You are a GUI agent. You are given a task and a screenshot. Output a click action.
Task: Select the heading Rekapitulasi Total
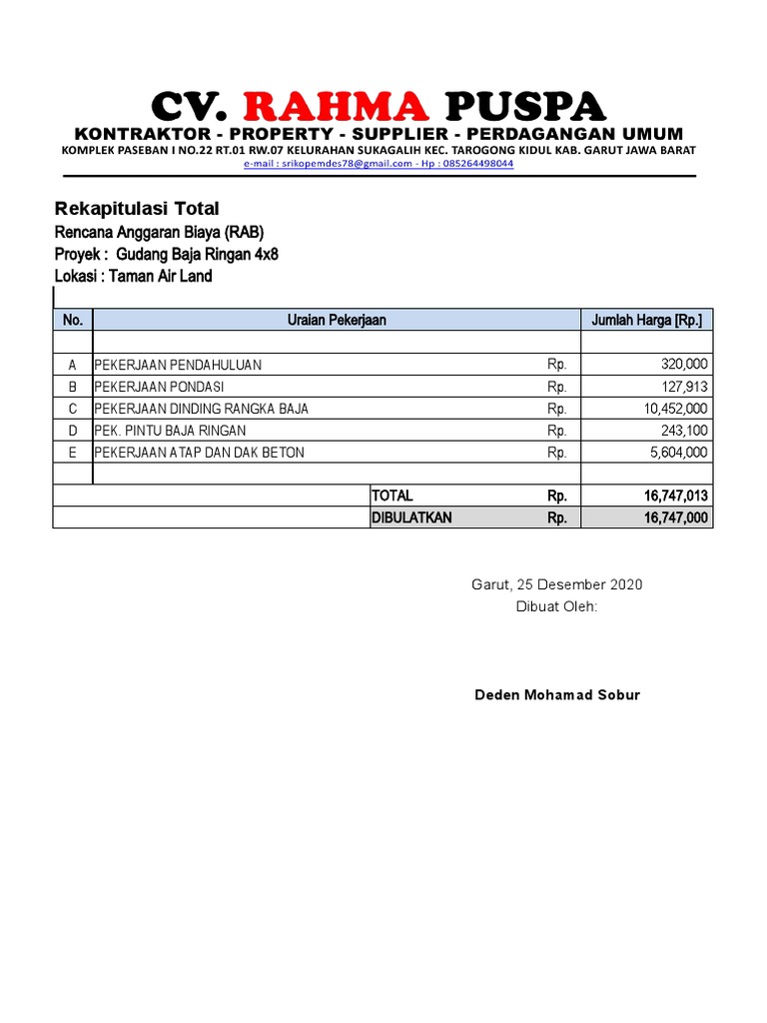click(x=136, y=209)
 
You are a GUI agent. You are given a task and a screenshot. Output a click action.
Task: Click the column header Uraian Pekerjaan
click(x=337, y=320)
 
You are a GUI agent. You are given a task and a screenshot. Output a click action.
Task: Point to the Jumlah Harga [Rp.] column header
click(x=646, y=320)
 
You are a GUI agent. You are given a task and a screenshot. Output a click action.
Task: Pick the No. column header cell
click(x=72, y=320)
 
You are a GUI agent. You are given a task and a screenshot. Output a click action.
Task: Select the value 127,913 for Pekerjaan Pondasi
click(x=684, y=387)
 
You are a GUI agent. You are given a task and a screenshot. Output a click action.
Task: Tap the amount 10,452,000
click(x=676, y=409)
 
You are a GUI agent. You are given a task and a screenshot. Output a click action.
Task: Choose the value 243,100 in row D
click(x=684, y=431)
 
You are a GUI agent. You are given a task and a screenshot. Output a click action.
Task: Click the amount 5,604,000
click(x=679, y=453)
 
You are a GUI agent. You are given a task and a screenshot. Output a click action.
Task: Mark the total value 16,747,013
click(x=676, y=497)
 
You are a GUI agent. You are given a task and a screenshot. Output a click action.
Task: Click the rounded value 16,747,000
click(x=676, y=517)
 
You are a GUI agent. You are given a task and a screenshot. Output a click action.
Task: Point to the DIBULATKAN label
click(x=412, y=517)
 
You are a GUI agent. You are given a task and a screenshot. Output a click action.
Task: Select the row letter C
click(x=72, y=409)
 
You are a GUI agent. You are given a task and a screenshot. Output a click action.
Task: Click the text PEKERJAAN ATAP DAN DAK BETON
click(x=200, y=453)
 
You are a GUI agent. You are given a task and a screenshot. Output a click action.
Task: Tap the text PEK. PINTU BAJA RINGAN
click(x=170, y=431)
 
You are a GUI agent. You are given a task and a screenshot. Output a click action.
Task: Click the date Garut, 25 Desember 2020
click(x=556, y=584)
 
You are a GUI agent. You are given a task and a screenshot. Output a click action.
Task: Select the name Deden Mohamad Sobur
click(x=556, y=694)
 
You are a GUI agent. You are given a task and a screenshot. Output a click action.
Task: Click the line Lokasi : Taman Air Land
click(x=133, y=277)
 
